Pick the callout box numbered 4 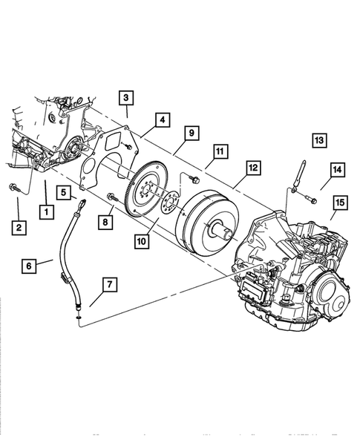160,119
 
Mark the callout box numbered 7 109,284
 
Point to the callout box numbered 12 252,168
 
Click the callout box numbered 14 337,171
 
